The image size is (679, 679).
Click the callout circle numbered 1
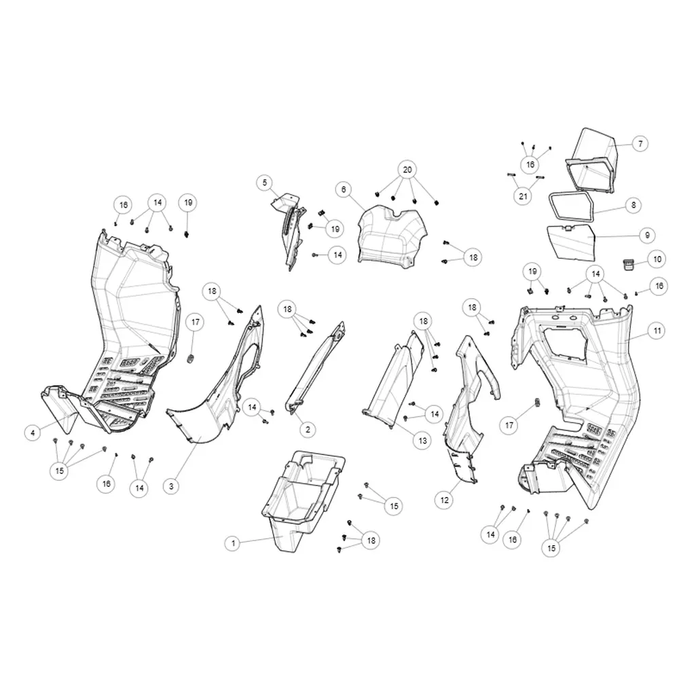[x=233, y=543]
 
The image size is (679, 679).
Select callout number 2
[x=308, y=430]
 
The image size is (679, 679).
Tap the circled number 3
[x=171, y=486]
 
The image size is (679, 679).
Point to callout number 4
[x=33, y=432]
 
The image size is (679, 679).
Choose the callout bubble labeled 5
[x=265, y=183]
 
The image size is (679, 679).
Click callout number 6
[x=344, y=189]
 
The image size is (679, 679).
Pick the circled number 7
[x=640, y=143]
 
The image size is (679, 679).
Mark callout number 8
[x=634, y=205]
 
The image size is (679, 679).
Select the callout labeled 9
[x=647, y=235]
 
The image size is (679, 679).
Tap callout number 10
[x=657, y=259]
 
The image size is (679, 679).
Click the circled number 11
[x=657, y=331]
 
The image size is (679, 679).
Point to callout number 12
[x=444, y=500]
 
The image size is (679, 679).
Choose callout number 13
[x=422, y=441]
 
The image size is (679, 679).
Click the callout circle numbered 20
[x=407, y=170]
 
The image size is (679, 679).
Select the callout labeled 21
[x=523, y=196]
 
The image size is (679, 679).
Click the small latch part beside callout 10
[x=628, y=263]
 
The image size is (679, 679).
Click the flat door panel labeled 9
[x=571, y=243]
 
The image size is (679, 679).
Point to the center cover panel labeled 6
[x=392, y=236]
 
